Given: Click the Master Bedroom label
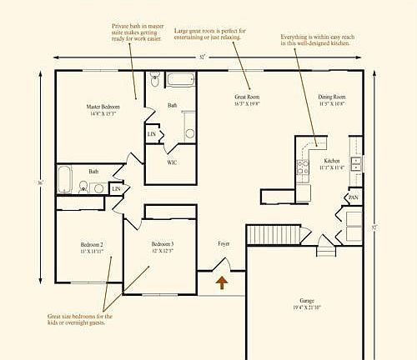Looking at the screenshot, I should click(103, 107).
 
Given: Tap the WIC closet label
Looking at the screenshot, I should click(172, 162).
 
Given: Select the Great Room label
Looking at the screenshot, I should click(248, 97).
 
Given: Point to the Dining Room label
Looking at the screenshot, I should click(331, 97).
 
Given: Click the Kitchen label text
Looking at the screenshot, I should click(332, 160).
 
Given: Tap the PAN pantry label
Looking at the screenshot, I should click(354, 197).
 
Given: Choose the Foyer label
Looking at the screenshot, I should click(224, 243).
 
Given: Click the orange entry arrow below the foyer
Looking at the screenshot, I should click(222, 282).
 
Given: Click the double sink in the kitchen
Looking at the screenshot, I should click(356, 163).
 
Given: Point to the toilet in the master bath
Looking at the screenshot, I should click(154, 82).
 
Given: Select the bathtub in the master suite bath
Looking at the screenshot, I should click(179, 81).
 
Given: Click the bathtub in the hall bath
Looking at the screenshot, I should click(65, 178).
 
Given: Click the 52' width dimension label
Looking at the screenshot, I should click(203, 57).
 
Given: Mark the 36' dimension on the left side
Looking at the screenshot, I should click(40, 182).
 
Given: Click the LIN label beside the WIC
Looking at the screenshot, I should click(152, 133).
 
